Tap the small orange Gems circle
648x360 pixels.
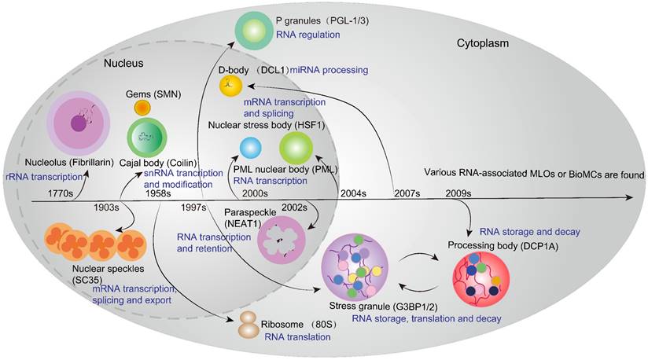pyautogui.click(x=142, y=107)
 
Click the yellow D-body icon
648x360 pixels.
pyautogui.click(x=230, y=86)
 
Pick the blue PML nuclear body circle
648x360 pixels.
pyautogui.click(x=251, y=147)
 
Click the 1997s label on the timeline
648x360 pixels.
pyautogui.click(x=193, y=208)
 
